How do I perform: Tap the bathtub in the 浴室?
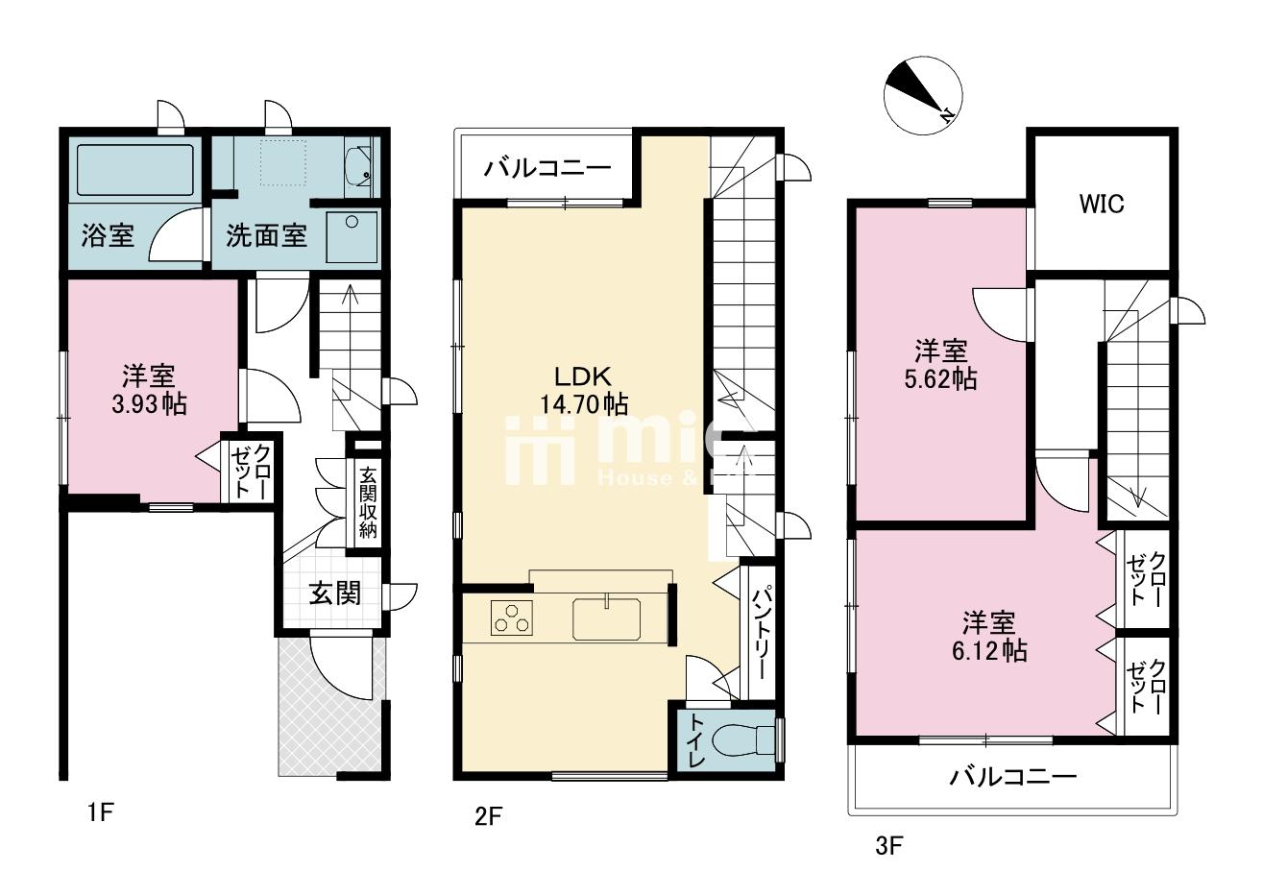pyautogui.click(x=134, y=171)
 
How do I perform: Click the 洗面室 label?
pyautogui.click(x=266, y=236)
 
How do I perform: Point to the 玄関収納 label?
pyautogui.click(x=367, y=501)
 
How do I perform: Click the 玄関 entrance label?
pyautogui.click(x=334, y=593)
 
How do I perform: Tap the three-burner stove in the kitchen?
pyautogui.click(x=512, y=618)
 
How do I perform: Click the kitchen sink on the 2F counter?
pyautogui.click(x=608, y=618)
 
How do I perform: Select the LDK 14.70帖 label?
pyautogui.click(x=583, y=390)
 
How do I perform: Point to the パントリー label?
pyautogui.click(x=757, y=635)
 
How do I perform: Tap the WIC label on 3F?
pyautogui.click(x=1101, y=205)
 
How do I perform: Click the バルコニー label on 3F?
pyautogui.click(x=1013, y=777)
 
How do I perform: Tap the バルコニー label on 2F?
pyautogui.click(x=546, y=169)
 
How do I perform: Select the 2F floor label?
pyautogui.click(x=488, y=817)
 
